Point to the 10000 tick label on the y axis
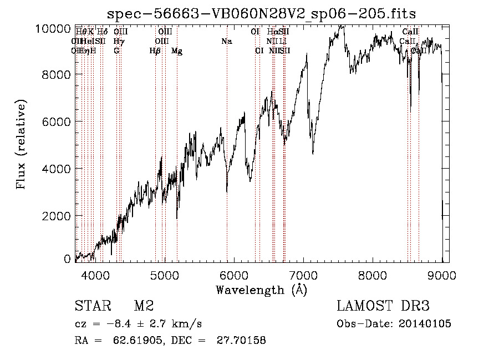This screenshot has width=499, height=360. coord(53,28)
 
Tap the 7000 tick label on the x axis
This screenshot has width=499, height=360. coord(303,273)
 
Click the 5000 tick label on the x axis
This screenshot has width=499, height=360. coord(164,273)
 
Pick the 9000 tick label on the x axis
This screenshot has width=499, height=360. coord(442,273)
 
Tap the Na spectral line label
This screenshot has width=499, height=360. coord(226,42)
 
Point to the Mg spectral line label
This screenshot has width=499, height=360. coord(176,51)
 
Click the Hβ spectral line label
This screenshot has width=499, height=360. coord(155,51)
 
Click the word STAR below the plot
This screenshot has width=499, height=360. coord(91,306)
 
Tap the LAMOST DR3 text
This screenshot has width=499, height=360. coord(383,306)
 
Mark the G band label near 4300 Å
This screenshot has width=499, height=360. coord(116,51)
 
